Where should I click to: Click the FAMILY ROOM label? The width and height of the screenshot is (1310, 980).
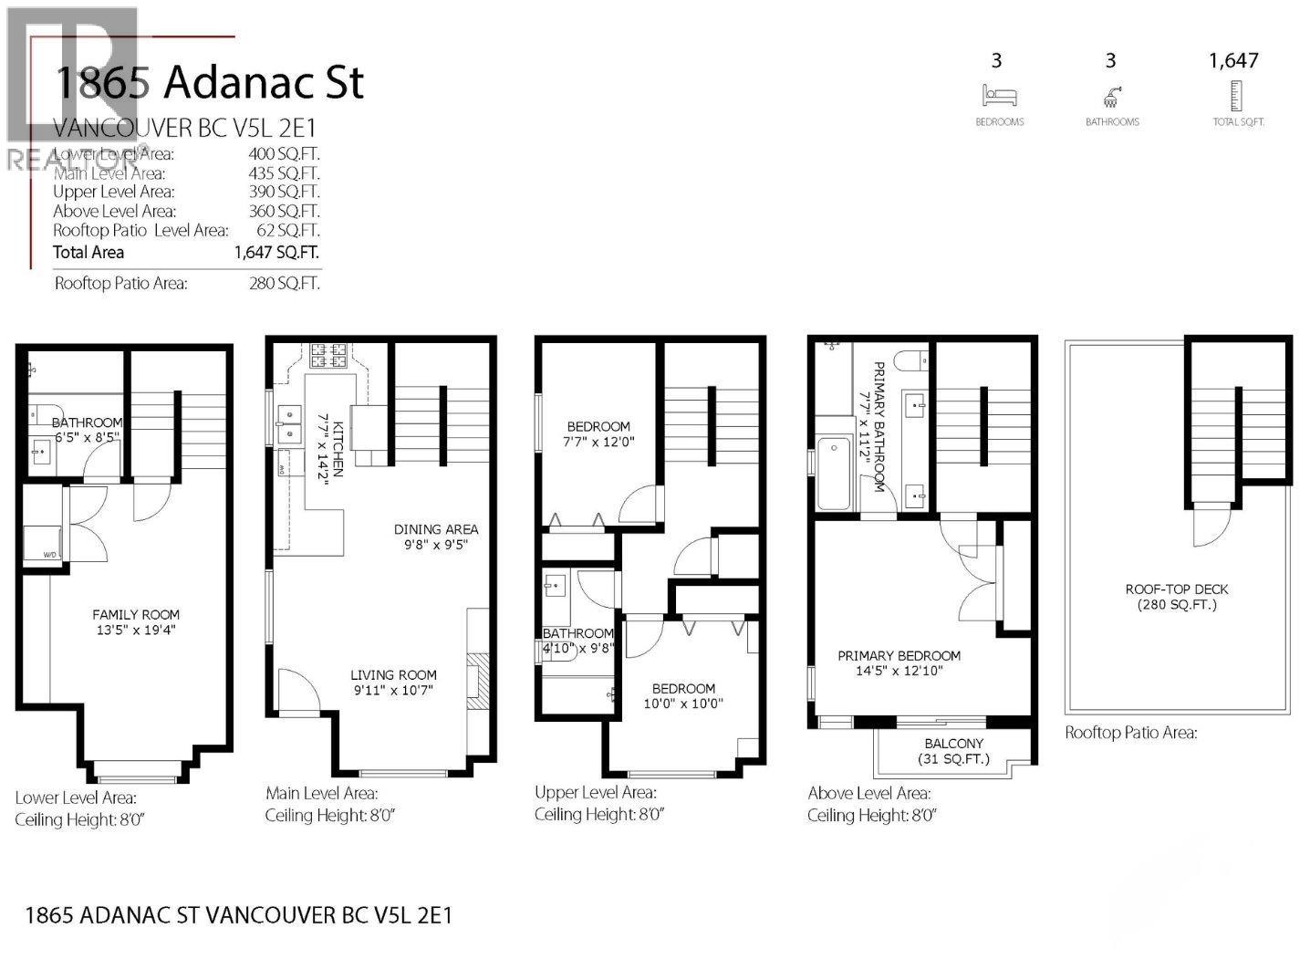(x=136, y=614)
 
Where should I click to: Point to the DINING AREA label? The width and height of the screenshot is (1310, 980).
(x=435, y=529)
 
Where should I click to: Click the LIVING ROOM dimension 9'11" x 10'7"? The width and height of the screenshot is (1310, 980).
(x=392, y=691)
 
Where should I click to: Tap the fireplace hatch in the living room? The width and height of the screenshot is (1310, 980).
(x=474, y=681)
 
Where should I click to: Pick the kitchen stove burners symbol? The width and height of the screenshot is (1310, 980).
(x=328, y=355)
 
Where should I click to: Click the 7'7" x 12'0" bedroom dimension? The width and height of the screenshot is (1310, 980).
(x=598, y=442)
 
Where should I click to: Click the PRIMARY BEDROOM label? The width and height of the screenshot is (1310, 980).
(x=899, y=655)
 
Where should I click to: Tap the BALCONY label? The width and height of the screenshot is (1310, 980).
(x=953, y=744)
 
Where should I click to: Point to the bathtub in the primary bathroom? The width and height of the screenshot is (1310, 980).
(x=833, y=474)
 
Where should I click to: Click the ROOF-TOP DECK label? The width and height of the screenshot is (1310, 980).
(x=1177, y=589)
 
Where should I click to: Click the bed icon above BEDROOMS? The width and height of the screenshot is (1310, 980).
(x=999, y=95)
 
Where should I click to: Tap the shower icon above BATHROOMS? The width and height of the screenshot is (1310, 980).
(x=1111, y=96)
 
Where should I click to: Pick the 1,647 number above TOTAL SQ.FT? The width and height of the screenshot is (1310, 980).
(x=1233, y=60)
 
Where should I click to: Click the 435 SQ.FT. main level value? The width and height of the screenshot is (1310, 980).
(x=284, y=173)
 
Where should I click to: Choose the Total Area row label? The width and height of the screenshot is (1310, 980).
(x=88, y=253)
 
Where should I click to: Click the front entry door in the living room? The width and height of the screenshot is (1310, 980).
(x=298, y=692)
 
